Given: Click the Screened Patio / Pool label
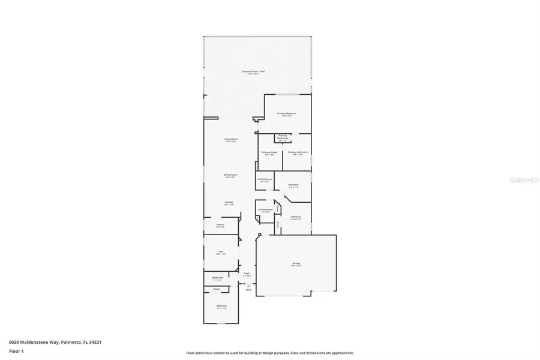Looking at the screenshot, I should [x=253, y=71].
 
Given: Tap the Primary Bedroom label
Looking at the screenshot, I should [x=286, y=113].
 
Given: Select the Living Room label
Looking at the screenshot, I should [x=230, y=140].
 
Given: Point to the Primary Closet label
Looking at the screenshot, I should [x=269, y=152].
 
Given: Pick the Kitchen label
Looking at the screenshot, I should [x=229, y=202].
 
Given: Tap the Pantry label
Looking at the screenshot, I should [x=220, y=224].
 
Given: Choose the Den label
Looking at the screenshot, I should [x=221, y=251].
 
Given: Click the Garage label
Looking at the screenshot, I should [x=296, y=263].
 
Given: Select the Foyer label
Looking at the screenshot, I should [x=247, y=274].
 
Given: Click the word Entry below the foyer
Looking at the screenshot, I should [x=248, y=290].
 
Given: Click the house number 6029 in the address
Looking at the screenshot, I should [x=14, y=342].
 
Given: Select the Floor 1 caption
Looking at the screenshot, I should [x=16, y=351].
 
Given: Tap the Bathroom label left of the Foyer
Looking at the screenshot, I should [x=217, y=277].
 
